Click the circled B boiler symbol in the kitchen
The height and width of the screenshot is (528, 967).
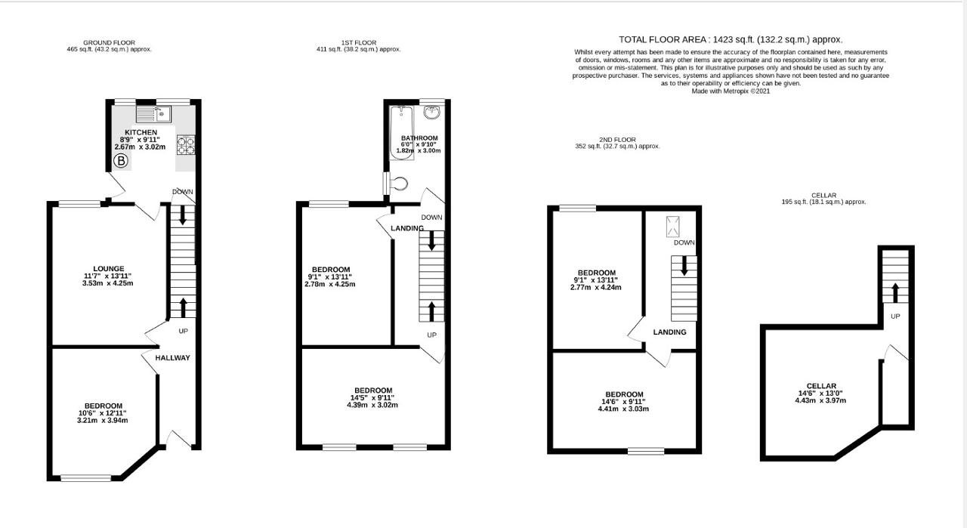click(x=121, y=160)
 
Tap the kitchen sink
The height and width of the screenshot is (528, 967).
click(x=154, y=115)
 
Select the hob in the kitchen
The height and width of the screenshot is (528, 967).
click(x=186, y=143)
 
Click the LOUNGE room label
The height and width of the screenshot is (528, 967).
click(x=109, y=268)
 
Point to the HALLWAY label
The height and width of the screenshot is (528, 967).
click(x=173, y=358)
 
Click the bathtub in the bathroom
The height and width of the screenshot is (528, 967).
click(x=400, y=131)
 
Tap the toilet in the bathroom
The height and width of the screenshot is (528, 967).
click(x=398, y=183)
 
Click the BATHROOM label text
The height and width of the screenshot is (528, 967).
click(x=420, y=138)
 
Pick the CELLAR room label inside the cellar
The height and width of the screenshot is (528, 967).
click(x=822, y=386)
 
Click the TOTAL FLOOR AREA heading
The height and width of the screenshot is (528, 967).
click(x=730, y=39)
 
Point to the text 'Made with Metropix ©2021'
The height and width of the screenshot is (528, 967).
click(x=730, y=91)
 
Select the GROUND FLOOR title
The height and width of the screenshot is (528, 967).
click(x=110, y=42)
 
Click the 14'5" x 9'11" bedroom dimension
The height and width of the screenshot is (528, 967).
click(x=372, y=398)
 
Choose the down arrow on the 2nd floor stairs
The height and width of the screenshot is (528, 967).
click(x=684, y=266)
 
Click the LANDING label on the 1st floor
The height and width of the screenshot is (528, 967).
click(x=407, y=228)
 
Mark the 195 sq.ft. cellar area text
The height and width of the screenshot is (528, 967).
click(x=823, y=202)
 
